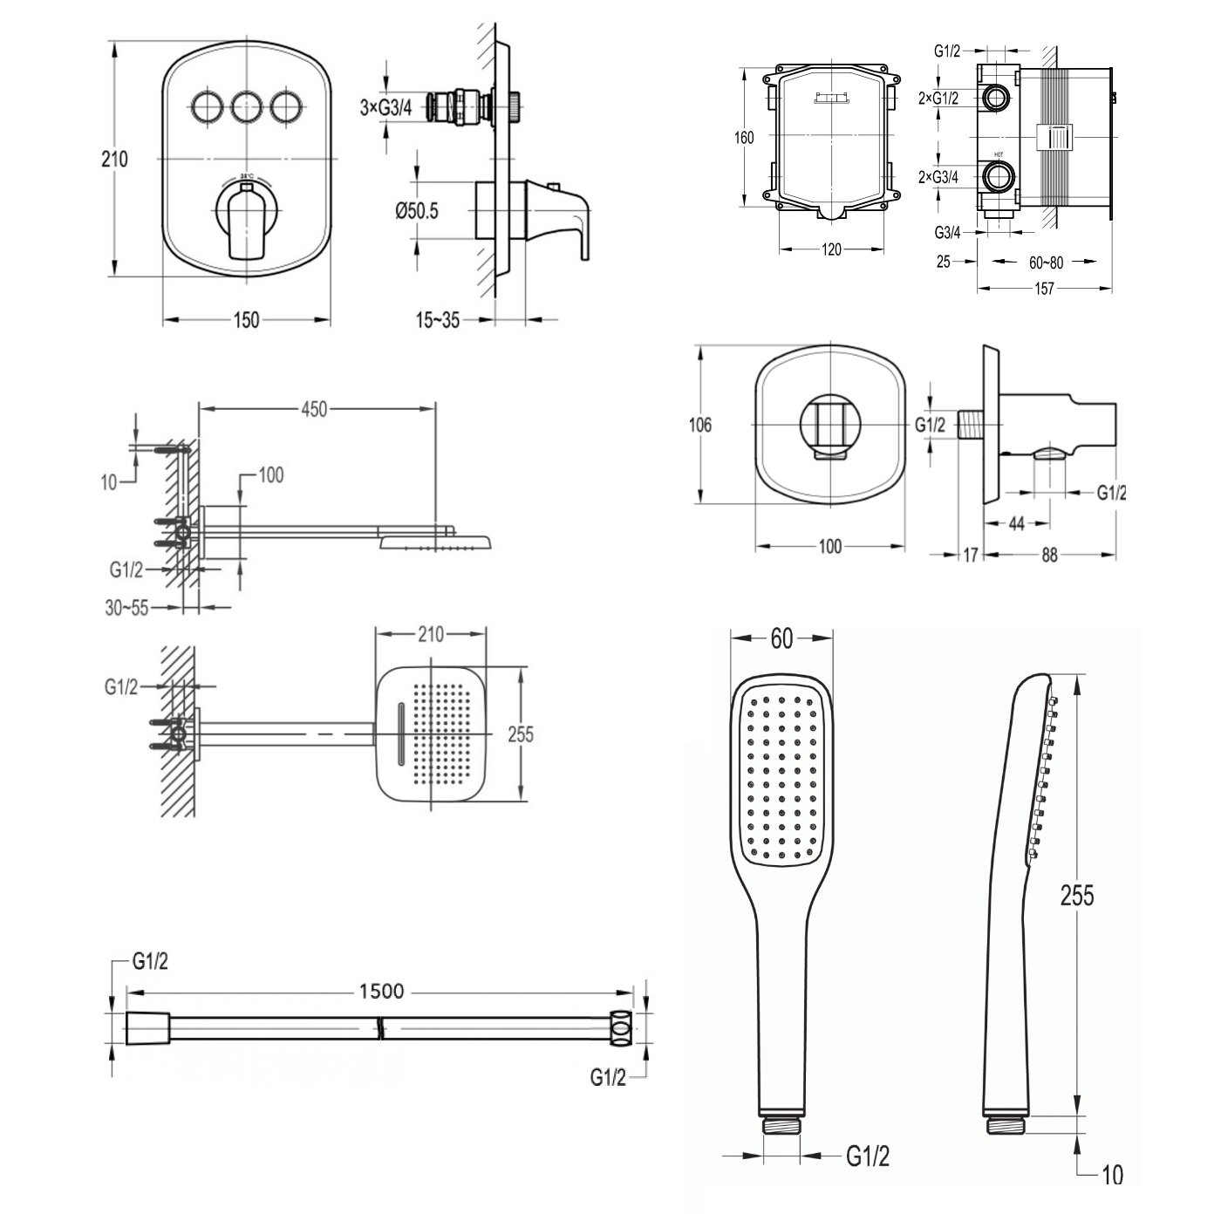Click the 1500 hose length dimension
pyautogui.click(x=381, y=991)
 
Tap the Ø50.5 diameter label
pyautogui.click(x=416, y=210)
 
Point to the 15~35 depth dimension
pyautogui.click(x=437, y=320)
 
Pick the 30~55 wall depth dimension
pyautogui.click(x=127, y=608)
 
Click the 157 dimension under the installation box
pyautogui.click(x=1043, y=288)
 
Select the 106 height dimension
pyautogui.click(x=699, y=425)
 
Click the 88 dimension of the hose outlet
pyautogui.click(x=1049, y=553)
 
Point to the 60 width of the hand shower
pyautogui.click(x=781, y=639)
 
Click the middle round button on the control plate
pyautogui.click(x=247, y=107)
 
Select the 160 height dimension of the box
pyautogui.click(x=743, y=137)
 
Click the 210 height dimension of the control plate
pyautogui.click(x=114, y=160)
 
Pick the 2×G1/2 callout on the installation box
pyautogui.click(x=938, y=98)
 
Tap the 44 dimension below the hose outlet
pyautogui.click(x=1015, y=522)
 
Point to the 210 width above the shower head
pyautogui.click(x=432, y=634)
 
